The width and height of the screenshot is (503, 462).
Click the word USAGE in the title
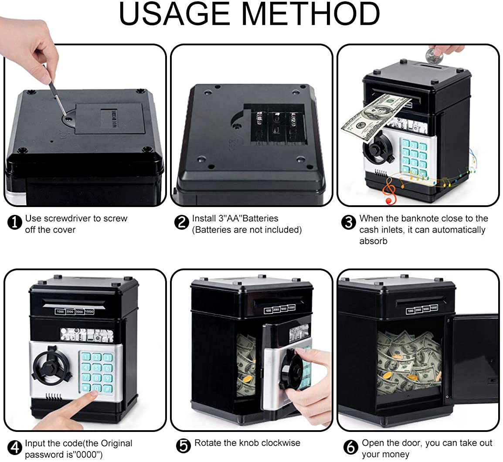click(x=175, y=14)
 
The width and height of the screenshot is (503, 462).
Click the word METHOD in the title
click(x=311, y=14)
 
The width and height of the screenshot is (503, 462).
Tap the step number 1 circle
click(x=15, y=222)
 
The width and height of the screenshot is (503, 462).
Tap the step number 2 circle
click(x=181, y=222)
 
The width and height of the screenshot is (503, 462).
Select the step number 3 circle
click(x=349, y=222)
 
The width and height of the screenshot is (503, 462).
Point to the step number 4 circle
click(x=15, y=448)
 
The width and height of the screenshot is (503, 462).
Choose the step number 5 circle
click(x=184, y=446)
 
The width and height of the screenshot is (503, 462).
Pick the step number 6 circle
click(x=351, y=447)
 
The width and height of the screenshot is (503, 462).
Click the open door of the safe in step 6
click(x=473, y=357)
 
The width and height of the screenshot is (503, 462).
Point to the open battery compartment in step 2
click(x=275, y=126)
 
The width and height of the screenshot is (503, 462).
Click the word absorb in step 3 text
click(x=373, y=241)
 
